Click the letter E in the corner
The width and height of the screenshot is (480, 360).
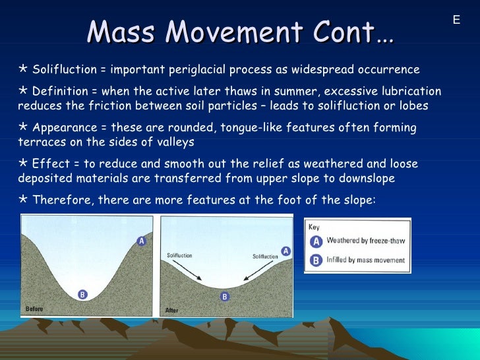pos(456,20)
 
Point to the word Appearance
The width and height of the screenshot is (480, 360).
pos(63,127)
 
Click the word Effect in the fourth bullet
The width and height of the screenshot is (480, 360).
pos(49,164)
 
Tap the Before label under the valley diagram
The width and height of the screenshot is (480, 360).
pos(36,308)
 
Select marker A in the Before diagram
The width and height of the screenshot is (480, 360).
pos(141,241)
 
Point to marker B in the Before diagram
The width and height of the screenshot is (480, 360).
pos(82,295)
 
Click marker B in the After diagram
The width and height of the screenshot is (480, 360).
pos(224,297)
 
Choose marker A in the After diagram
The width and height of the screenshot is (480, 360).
pos(286,251)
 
